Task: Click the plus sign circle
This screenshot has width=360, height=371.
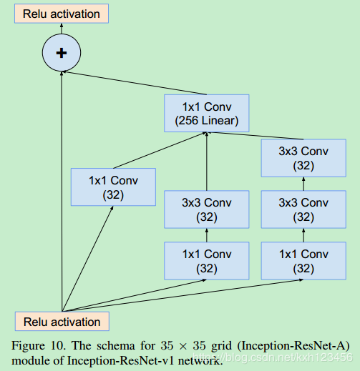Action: tap(62, 52)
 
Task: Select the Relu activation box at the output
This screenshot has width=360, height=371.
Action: tap(62, 14)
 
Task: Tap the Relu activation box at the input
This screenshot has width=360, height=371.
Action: tap(62, 322)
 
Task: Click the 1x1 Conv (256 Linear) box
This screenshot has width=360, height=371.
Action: tap(207, 113)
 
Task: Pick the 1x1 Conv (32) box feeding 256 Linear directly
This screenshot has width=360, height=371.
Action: tap(113, 187)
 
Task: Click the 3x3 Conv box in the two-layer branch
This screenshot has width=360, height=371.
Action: tap(207, 209)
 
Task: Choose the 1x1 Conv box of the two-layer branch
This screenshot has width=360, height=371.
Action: tap(207, 261)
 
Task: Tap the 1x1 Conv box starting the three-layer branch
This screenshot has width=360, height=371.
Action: tap(304, 261)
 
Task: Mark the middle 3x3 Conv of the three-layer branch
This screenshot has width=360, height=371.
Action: tap(304, 209)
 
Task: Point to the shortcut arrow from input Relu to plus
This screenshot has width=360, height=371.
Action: tap(62, 193)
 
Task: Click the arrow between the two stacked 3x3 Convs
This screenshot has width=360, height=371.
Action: tap(304, 184)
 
